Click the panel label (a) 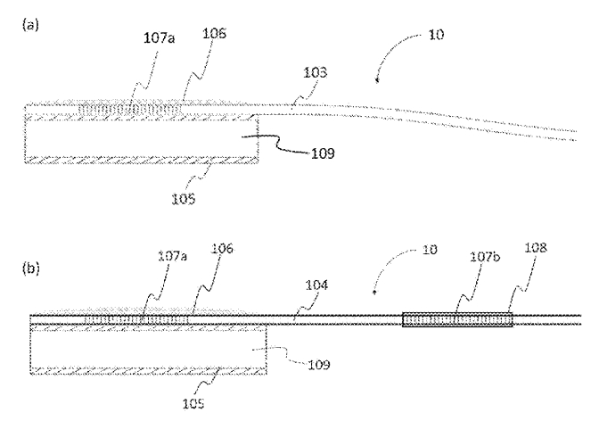tap(29, 25)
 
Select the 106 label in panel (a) tap(215, 33)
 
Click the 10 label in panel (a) tap(436, 35)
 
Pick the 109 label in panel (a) tap(324, 153)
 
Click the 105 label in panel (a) tap(185, 199)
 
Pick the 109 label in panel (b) tap(318, 365)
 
